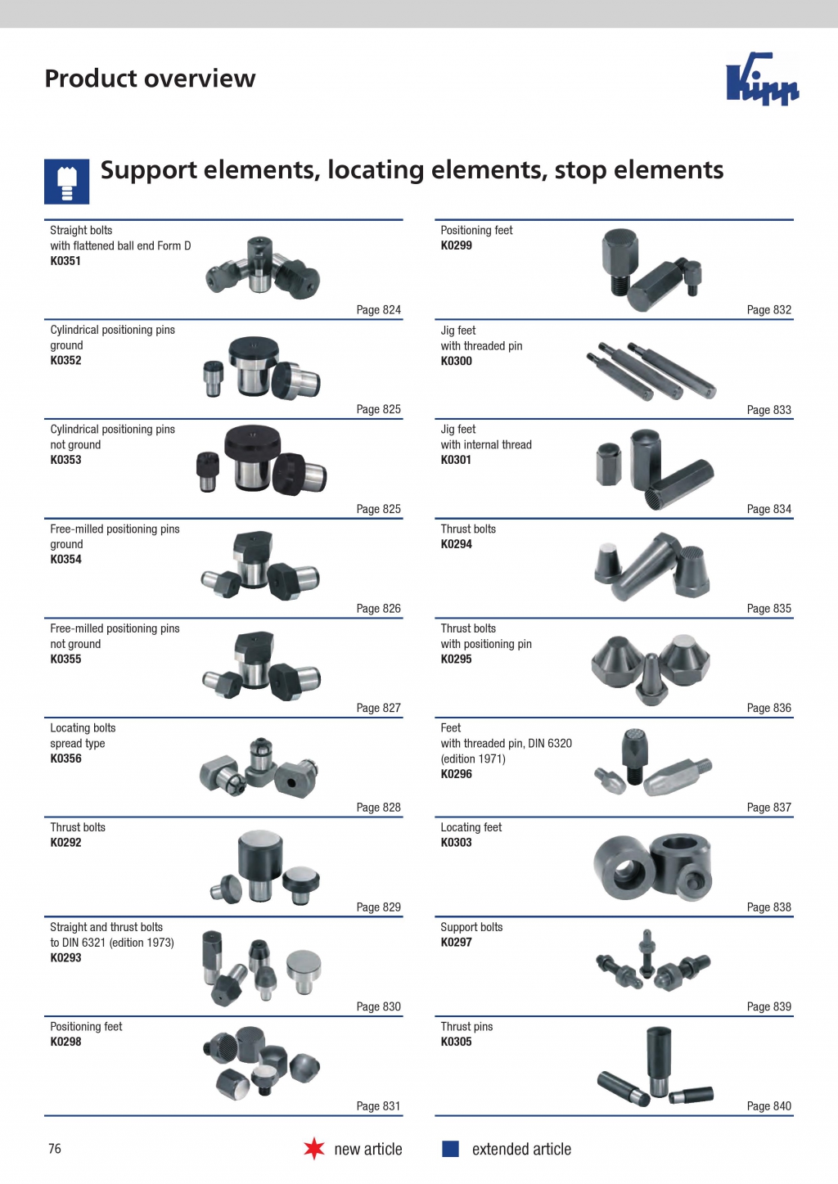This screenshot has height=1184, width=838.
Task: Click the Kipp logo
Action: pos(763,79)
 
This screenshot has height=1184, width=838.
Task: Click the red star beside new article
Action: pos(314,1149)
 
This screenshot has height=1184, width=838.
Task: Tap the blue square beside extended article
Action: pos(450,1149)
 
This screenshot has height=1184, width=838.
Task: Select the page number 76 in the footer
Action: pos(55,1149)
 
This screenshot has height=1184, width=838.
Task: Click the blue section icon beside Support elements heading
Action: pos(66,182)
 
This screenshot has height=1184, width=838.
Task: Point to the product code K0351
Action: pos(65,260)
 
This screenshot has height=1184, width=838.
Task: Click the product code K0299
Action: pos(457,245)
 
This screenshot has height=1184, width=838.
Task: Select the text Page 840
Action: pos(768,1105)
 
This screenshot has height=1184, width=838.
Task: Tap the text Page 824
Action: pos(379,310)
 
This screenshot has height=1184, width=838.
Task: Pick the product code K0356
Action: pos(65,759)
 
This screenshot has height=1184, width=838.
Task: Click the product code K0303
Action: pos(457,842)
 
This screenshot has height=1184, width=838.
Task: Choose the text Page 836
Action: pos(768,708)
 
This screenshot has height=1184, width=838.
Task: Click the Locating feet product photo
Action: pos(652,867)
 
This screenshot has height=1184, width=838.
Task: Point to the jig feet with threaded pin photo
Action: pos(651,370)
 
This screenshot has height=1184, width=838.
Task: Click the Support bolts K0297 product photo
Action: pos(653,961)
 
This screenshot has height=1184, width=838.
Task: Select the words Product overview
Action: pos(150,79)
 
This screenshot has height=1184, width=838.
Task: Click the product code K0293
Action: pos(65,957)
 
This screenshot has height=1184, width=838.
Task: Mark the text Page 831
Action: pos(379,1105)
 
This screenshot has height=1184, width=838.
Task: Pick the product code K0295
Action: pos(457,660)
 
